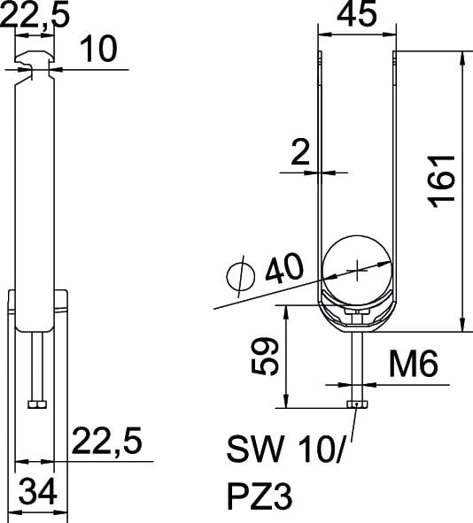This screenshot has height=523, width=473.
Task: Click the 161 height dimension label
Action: tap(442, 181)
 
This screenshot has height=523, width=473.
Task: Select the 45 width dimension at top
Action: tap(357, 13)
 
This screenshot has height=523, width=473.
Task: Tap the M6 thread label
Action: tap(413, 364)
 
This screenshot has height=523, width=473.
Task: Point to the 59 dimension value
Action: tap(265, 357)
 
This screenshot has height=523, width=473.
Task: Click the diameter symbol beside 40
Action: tap(241, 276)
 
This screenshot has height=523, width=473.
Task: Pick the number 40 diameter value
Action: tap(284, 267)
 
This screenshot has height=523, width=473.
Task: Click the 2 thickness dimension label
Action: tap(300, 152)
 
